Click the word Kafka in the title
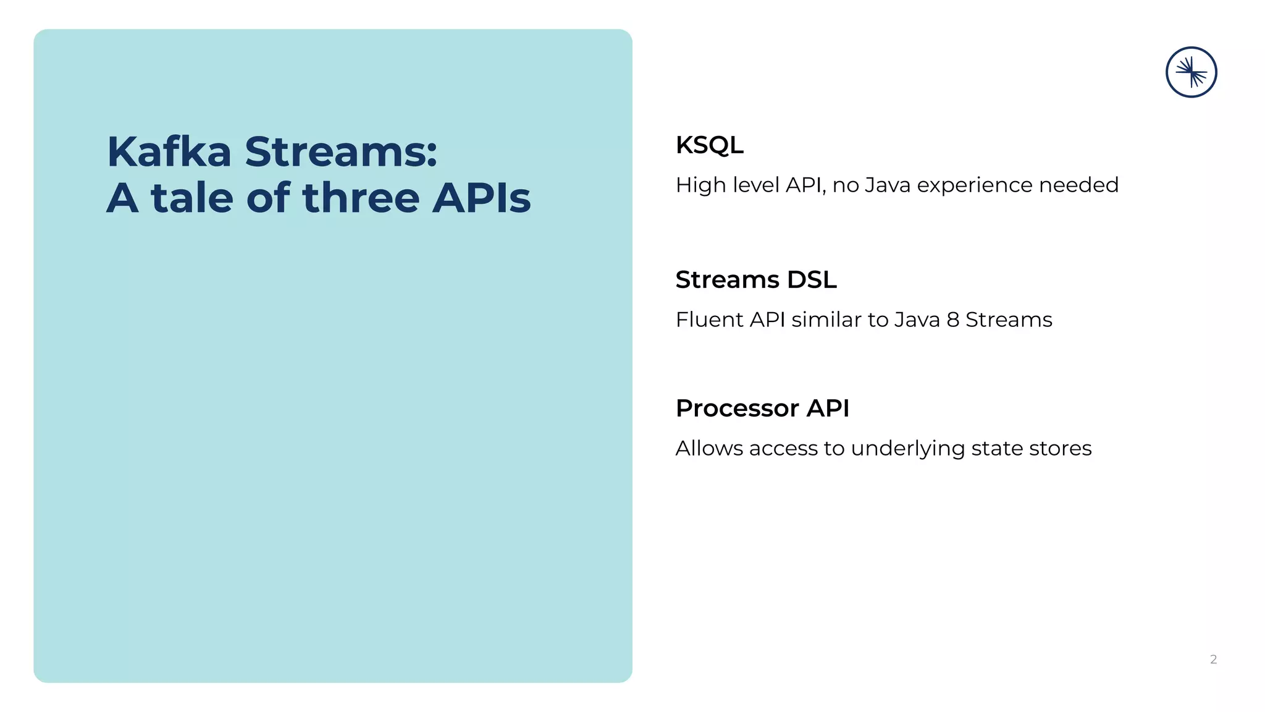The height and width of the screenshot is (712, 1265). (x=169, y=151)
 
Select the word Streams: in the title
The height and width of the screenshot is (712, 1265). (x=341, y=151)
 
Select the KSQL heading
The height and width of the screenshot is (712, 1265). (x=709, y=145)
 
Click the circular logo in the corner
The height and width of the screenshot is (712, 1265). (x=1191, y=72)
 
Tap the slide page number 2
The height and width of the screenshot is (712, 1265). (x=1213, y=659)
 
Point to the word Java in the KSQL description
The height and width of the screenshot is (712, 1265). (x=887, y=185)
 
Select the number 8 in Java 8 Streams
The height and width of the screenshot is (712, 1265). (x=952, y=320)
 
